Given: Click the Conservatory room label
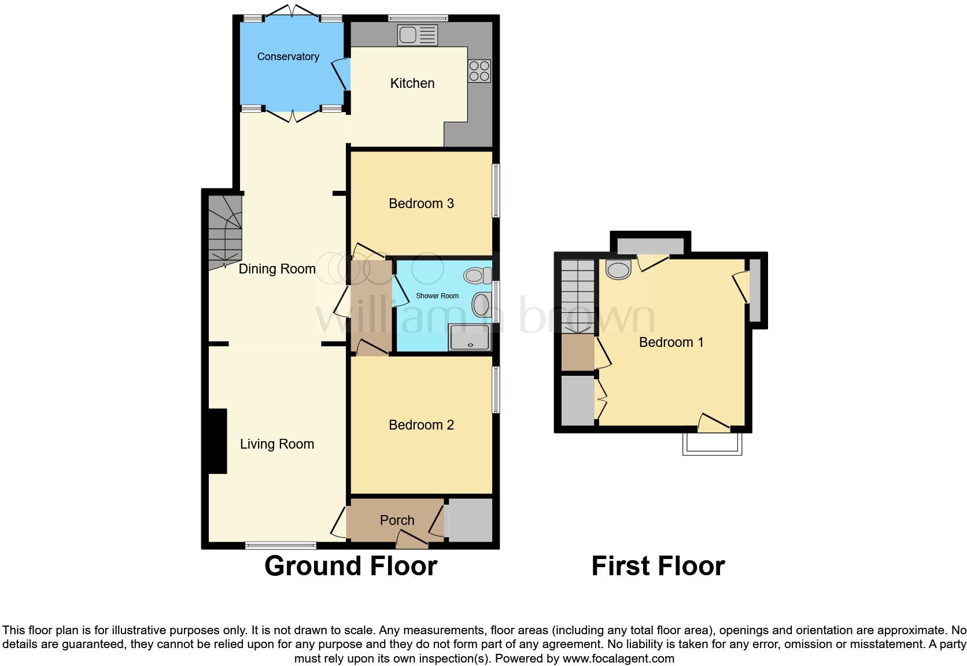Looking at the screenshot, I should point(288,57).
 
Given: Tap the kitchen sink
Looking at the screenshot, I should point(417,36).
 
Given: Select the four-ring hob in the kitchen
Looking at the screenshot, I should point(479,71).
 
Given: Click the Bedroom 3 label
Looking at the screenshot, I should point(421,203).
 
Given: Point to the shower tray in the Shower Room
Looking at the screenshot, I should point(470,338).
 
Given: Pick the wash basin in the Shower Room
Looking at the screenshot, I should point(481,305).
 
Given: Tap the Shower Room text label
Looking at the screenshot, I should point(437,296).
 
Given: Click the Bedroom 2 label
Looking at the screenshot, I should point(421,425).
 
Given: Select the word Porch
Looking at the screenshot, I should point(397,520).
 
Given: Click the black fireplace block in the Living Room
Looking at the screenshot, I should point(217,441).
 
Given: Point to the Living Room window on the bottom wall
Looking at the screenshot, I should point(280,545).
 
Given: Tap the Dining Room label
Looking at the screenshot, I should point(277,269).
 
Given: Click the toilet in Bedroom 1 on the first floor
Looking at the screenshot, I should point(618,269).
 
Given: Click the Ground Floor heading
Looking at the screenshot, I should point(350,566).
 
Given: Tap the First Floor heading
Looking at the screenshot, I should point(658,566).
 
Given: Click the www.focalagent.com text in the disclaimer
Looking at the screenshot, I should point(618,658).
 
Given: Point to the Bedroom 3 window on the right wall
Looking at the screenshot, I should point(496,191).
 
